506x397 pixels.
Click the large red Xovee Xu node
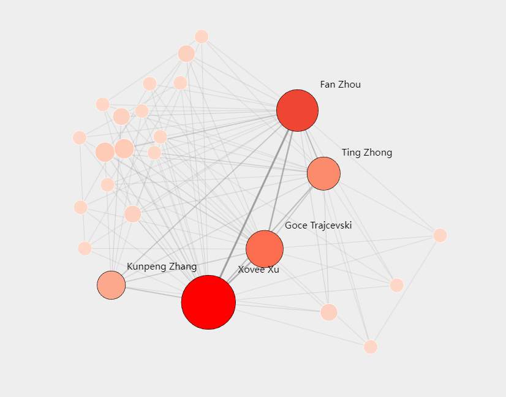[x=208, y=302]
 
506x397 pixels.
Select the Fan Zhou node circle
[x=297, y=110]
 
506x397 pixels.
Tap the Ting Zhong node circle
[x=323, y=173]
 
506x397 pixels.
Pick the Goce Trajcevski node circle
[x=265, y=249]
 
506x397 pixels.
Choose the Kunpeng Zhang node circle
[x=111, y=285]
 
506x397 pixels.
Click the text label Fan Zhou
[x=340, y=85]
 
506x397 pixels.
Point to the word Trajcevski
[x=331, y=225]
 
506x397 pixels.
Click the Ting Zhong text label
[x=366, y=153]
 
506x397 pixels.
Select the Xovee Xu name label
[x=259, y=270]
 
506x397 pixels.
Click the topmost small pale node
[x=202, y=37]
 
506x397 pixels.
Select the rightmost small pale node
[x=440, y=235]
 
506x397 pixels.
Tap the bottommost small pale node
[x=371, y=347]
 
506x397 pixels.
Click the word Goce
[x=296, y=225]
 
